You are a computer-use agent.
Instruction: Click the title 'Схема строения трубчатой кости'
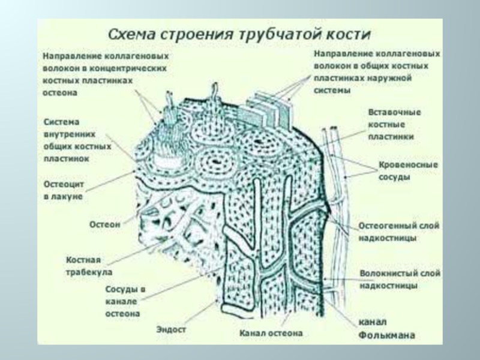tap(239, 32)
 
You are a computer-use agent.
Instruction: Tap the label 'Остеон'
tap(105, 224)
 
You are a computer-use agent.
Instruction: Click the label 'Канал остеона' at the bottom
tap(270, 332)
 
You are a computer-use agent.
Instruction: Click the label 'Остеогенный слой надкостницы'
tap(398, 232)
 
